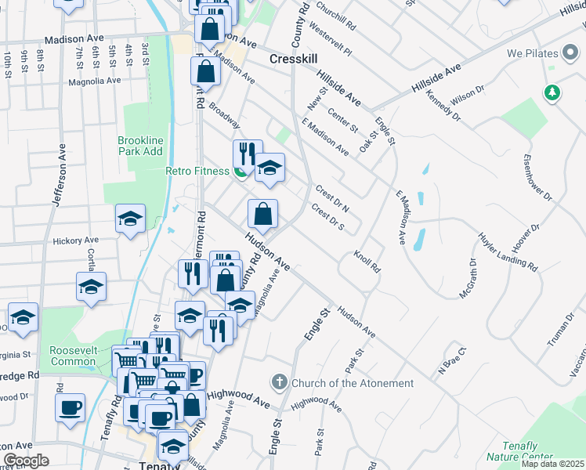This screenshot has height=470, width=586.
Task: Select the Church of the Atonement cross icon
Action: (x=280, y=382)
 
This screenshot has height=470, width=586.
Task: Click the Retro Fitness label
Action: (x=197, y=171)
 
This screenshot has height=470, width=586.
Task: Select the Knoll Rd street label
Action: (x=367, y=262)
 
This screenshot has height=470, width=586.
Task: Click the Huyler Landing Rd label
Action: (x=511, y=252)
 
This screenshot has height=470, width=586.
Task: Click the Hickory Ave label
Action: (x=76, y=240)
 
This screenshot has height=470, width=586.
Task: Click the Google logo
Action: (x=25, y=461)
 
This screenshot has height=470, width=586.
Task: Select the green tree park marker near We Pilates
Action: (x=553, y=92)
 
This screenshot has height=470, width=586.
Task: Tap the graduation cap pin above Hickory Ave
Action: (x=130, y=219)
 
